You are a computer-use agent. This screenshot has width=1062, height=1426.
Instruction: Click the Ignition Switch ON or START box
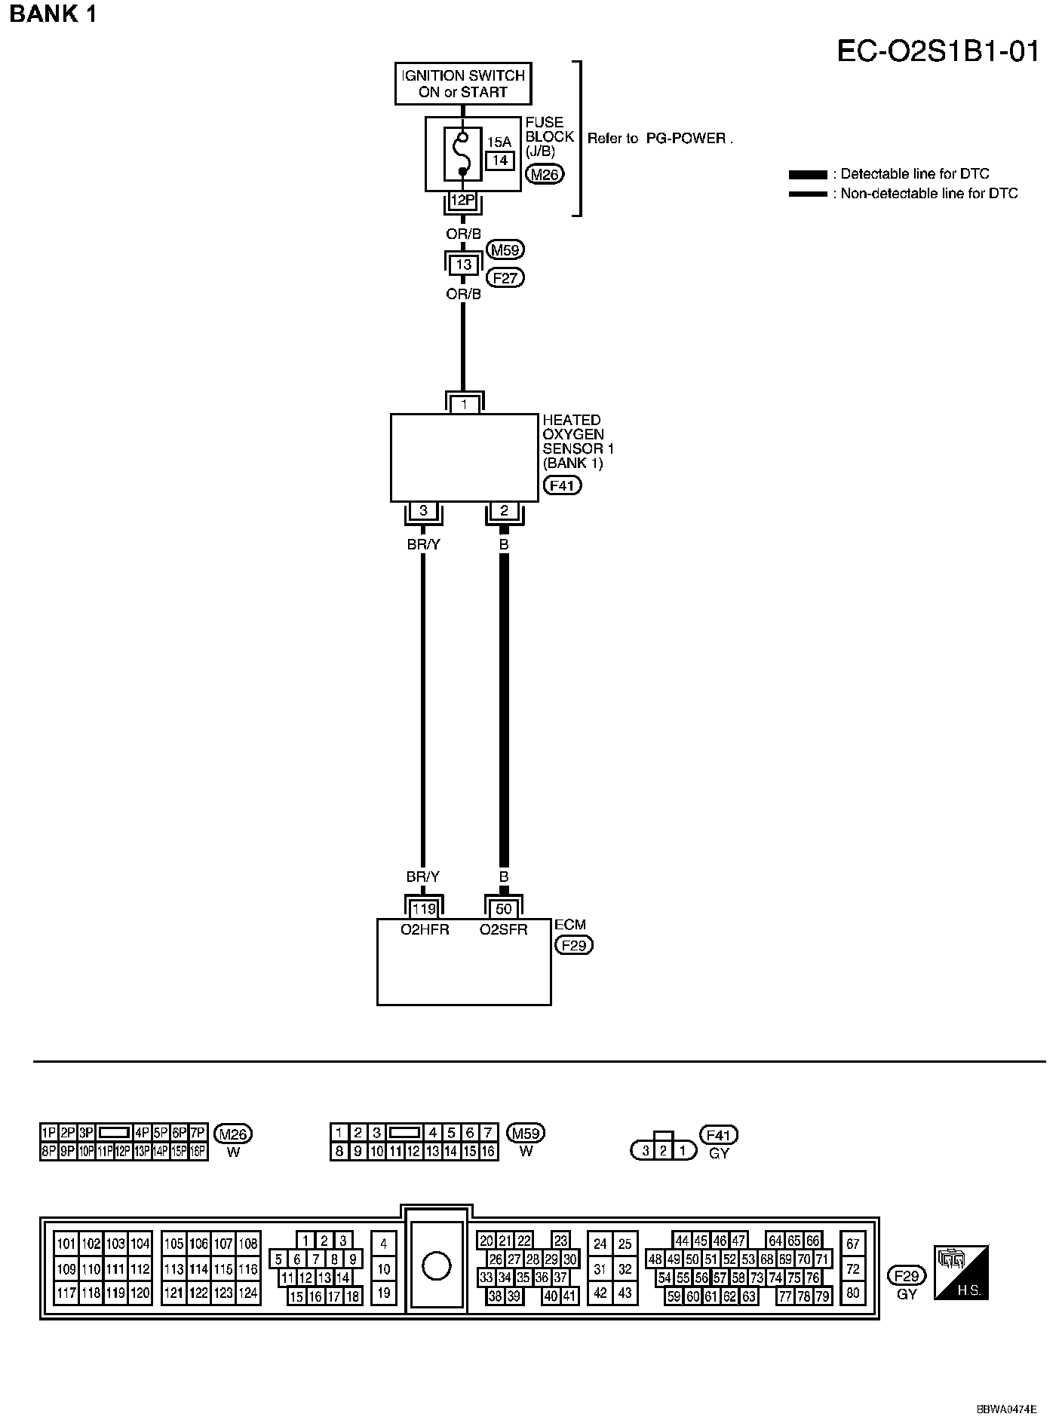(x=463, y=84)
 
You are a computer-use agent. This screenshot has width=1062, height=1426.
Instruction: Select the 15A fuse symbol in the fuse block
(x=462, y=155)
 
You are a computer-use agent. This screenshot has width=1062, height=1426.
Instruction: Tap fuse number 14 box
(x=499, y=161)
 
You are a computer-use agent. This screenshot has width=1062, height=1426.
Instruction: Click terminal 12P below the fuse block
(x=462, y=200)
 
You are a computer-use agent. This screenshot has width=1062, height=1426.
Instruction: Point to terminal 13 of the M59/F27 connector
(x=463, y=265)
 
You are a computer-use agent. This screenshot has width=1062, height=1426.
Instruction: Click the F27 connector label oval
(x=505, y=277)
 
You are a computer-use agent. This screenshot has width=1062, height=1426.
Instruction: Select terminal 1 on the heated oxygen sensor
(x=464, y=405)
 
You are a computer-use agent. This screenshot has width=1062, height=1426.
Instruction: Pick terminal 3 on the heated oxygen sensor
(x=423, y=511)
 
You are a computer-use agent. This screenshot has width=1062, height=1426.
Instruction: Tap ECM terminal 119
(x=424, y=909)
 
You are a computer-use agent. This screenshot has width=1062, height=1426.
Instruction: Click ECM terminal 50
(x=504, y=909)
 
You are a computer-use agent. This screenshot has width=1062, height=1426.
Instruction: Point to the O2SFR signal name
(x=504, y=930)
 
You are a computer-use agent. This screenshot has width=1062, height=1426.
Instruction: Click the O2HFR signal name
(x=424, y=930)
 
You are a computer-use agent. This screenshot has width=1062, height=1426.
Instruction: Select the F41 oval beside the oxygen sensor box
(x=562, y=485)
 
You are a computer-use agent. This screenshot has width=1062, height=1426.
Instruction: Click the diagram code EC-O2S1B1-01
(x=938, y=51)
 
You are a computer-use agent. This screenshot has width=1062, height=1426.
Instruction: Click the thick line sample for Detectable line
(x=808, y=175)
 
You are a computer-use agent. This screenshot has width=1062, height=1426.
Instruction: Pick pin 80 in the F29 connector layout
(x=853, y=1293)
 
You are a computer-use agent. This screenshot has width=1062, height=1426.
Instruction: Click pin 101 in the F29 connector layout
(x=66, y=1244)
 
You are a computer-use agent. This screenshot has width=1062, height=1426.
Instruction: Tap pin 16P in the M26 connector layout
(x=198, y=1152)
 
